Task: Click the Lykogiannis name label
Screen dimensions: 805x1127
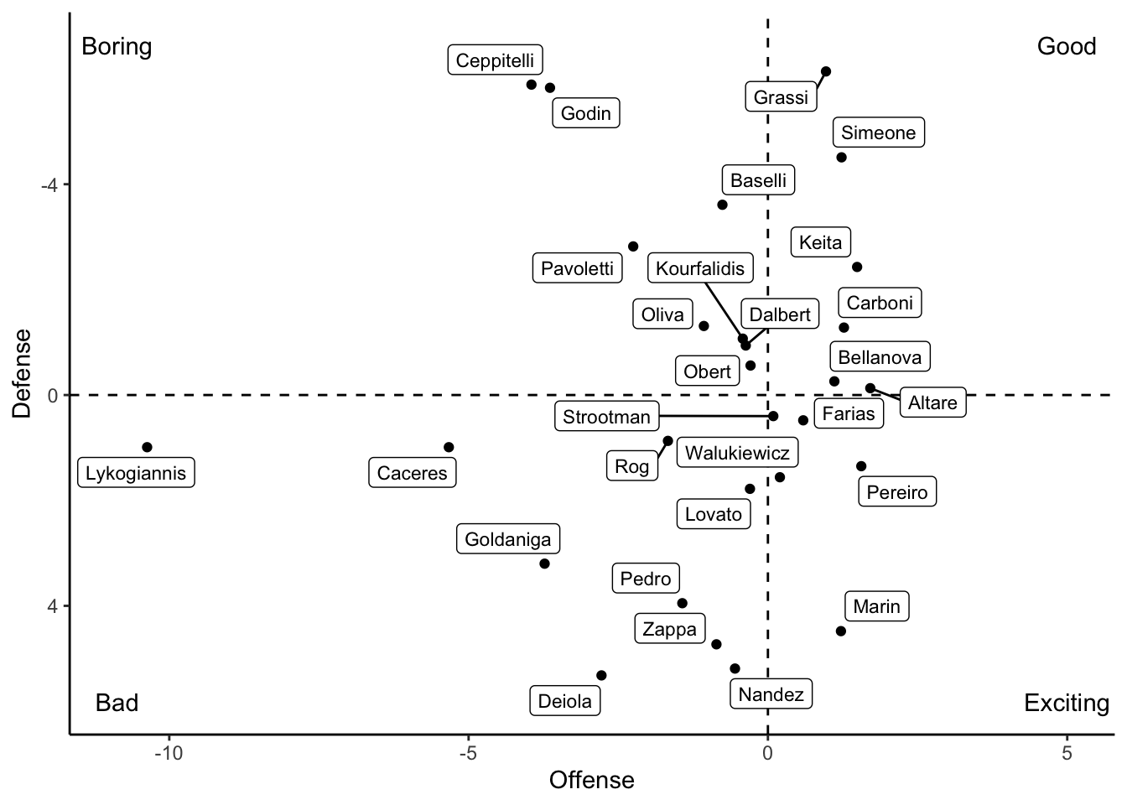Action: [136, 473]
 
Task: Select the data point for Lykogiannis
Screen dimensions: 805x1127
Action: [147, 447]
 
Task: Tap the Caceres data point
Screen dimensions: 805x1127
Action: [449, 447]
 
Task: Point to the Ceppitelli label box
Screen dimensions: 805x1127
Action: [495, 60]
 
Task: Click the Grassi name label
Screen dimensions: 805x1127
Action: [781, 97]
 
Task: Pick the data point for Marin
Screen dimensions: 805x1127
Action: [841, 631]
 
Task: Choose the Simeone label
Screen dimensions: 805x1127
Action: [878, 132]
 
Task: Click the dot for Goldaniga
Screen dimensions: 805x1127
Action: [544, 563]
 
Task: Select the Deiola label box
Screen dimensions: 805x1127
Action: [564, 701]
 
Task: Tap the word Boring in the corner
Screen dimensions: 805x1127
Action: [117, 46]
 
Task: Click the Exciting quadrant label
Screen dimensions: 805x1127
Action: [1066, 703]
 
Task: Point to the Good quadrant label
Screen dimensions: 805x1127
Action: [1066, 46]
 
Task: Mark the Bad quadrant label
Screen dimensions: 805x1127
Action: [117, 703]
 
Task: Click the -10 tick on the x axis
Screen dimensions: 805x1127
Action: [169, 753]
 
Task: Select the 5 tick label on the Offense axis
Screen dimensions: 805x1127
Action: [1067, 753]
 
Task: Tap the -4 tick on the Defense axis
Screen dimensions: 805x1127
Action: [49, 184]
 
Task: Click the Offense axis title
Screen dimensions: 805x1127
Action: [591, 781]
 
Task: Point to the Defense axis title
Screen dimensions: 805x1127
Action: [22, 373]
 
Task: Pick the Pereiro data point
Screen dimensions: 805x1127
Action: [861, 466]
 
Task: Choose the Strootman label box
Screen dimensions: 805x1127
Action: [606, 417]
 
